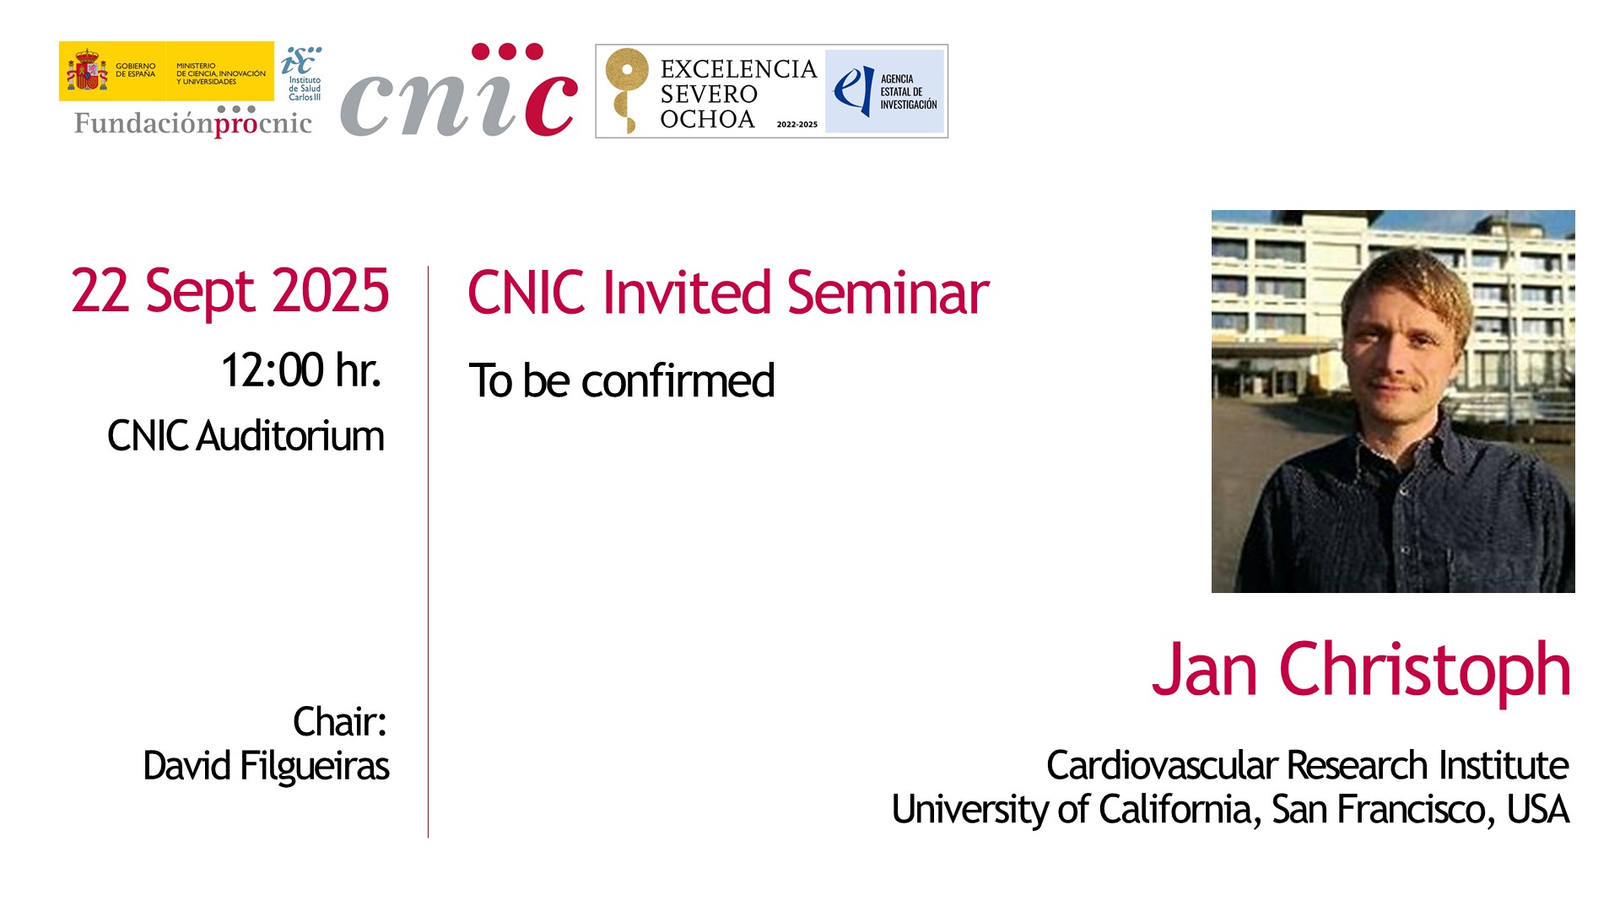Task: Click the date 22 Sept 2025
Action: [230, 292]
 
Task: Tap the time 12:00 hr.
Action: [300, 370]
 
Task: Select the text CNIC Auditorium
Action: [246, 436]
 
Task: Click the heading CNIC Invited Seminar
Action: [728, 293]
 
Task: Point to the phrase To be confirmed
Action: [622, 380]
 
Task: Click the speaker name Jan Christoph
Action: [1361, 671]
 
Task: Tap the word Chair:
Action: [339, 722]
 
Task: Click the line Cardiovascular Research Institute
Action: [1307, 765]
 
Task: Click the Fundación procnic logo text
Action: [193, 123]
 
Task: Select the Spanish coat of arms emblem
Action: [88, 71]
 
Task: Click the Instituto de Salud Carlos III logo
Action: [302, 73]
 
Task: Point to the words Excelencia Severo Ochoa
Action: [738, 94]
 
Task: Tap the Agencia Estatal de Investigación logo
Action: [884, 91]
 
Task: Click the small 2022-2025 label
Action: [797, 124]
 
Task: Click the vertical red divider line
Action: [428, 552]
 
